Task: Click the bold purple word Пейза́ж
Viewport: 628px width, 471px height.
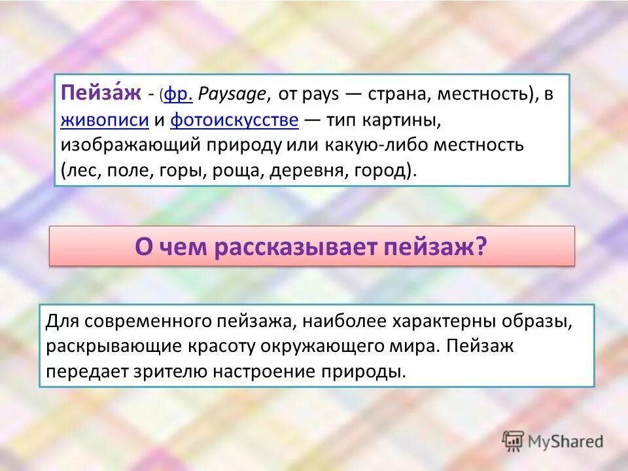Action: [101, 94]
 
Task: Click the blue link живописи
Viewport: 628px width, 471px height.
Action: [105, 120]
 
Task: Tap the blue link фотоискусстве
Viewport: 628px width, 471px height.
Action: [235, 120]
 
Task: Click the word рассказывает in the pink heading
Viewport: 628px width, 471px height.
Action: [294, 247]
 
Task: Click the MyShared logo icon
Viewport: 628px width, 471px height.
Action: [512, 441]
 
